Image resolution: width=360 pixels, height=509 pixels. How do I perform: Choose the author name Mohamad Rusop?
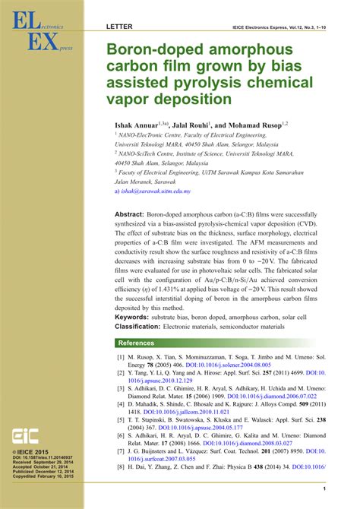[x=255, y=123]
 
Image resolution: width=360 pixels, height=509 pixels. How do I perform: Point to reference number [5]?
[x=120, y=419]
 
